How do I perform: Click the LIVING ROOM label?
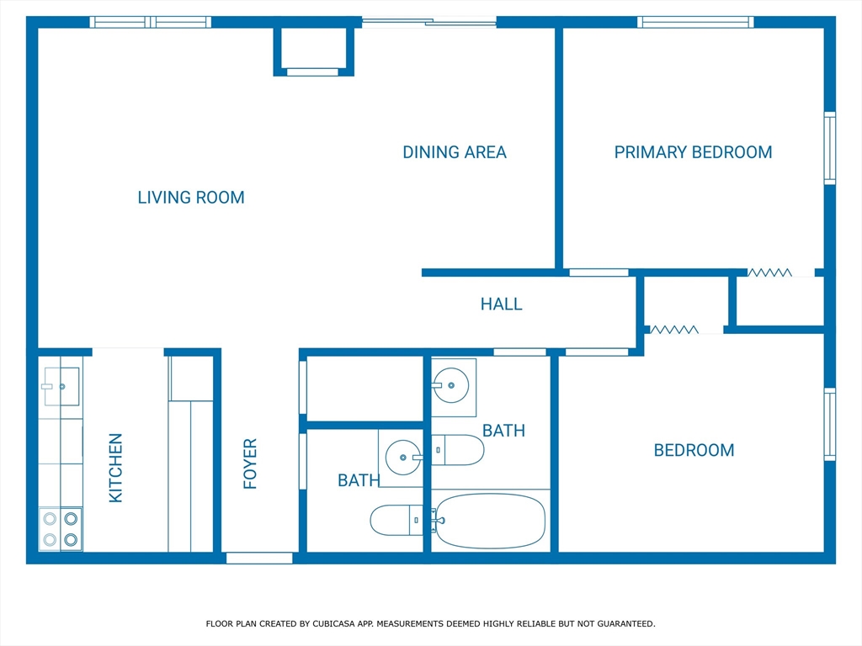click(191, 198)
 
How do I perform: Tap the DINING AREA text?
click(454, 152)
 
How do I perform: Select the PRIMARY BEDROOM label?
click(693, 152)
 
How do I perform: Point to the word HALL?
click(501, 304)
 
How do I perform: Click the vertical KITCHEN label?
click(116, 468)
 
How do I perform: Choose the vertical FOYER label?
click(250, 463)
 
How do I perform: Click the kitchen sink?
click(61, 386)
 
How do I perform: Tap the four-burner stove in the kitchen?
click(61, 529)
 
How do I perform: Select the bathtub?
click(490, 521)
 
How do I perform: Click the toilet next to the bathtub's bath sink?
click(460, 450)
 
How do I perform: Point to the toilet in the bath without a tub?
click(396, 519)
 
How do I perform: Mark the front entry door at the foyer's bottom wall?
click(259, 558)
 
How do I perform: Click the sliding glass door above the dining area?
click(429, 23)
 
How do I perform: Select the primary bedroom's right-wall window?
click(829, 148)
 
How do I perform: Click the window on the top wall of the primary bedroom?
click(694, 23)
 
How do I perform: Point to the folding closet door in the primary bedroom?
click(769, 273)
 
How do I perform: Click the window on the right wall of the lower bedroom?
click(829, 424)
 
